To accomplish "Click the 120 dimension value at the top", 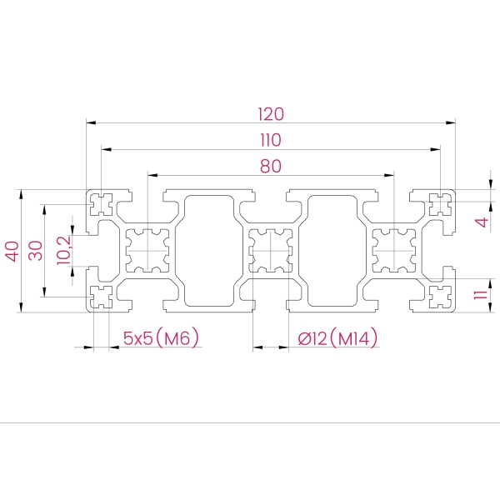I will (x=271, y=113).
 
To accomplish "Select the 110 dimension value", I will (x=271, y=139).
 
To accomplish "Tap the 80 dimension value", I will (x=270, y=166).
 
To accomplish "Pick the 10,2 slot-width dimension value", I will (x=64, y=250).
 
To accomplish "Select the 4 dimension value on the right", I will (x=480, y=222).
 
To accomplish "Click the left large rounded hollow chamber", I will (x=208, y=251).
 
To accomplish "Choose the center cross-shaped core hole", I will (x=271, y=251).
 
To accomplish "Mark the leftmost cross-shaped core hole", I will (x=147, y=251).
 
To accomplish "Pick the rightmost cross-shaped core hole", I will (x=395, y=251).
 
